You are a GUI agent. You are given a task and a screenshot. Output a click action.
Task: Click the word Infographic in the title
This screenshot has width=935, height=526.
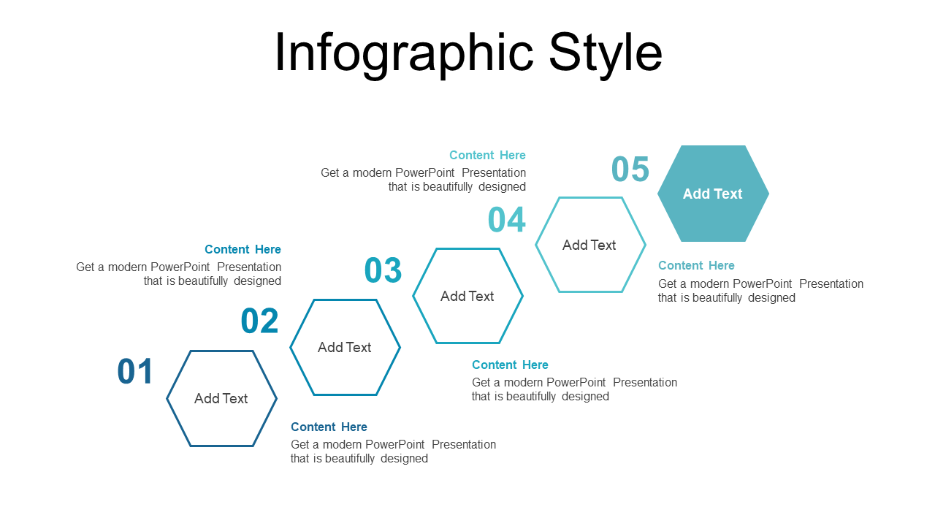tap(404, 54)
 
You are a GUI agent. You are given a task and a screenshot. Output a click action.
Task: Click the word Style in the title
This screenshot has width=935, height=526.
tap(606, 54)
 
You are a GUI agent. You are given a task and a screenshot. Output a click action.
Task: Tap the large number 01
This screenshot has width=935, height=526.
tap(135, 371)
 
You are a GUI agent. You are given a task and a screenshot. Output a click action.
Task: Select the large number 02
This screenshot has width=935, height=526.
tap(259, 321)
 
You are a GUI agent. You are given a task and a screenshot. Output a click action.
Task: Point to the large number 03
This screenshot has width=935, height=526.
tap(383, 270)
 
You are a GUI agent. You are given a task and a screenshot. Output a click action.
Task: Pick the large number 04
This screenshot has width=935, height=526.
tap(506, 219)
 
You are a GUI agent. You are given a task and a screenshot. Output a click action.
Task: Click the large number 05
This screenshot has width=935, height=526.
tap(630, 169)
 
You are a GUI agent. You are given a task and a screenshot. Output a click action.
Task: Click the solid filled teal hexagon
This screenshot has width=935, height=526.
tap(713, 194)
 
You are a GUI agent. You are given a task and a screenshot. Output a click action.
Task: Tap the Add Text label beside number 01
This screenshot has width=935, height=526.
tap(221, 398)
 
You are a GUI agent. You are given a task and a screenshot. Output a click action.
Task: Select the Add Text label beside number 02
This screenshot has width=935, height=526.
tap(344, 347)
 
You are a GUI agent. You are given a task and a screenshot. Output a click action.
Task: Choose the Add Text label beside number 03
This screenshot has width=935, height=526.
tap(467, 296)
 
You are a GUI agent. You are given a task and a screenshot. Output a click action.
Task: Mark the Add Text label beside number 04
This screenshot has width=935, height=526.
tap(589, 245)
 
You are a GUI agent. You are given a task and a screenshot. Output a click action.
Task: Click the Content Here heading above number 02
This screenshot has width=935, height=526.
tap(243, 249)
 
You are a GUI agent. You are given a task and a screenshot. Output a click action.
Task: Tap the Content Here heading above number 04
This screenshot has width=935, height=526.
tap(487, 155)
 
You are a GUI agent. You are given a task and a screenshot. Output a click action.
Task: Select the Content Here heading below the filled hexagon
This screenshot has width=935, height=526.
tap(696, 265)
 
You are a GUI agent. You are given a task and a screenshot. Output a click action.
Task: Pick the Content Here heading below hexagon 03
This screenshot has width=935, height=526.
tap(510, 365)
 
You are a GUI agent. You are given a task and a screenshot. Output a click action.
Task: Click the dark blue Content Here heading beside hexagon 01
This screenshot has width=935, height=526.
tap(329, 427)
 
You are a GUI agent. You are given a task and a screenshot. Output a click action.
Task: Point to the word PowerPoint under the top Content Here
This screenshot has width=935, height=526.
tap(424, 172)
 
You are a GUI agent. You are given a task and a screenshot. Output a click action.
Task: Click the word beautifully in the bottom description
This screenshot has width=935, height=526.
tap(350, 458)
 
